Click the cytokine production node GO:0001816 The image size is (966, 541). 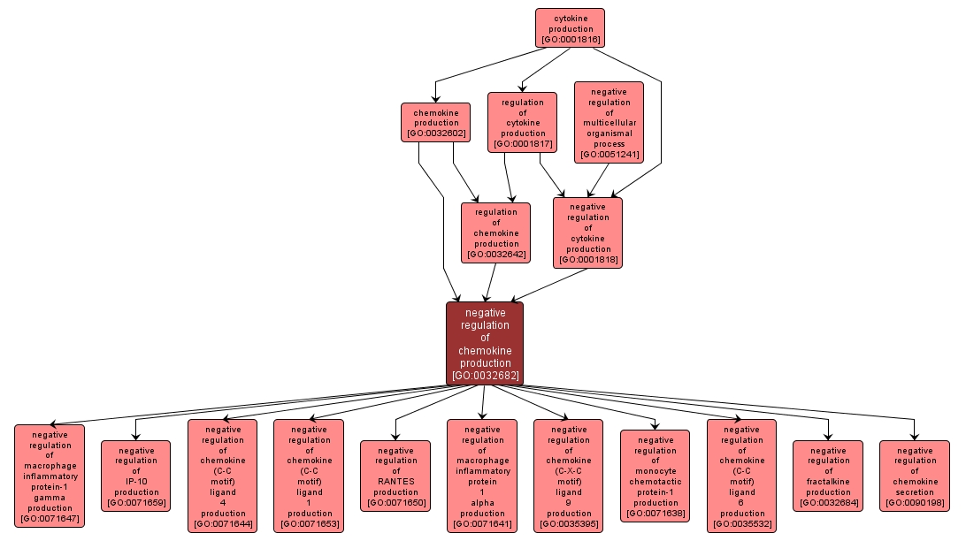569,28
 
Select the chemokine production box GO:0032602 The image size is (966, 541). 435,123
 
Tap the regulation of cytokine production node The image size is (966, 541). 522,123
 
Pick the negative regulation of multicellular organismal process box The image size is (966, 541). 609,123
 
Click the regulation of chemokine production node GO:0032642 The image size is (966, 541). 495,232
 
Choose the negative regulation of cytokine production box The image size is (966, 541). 587,232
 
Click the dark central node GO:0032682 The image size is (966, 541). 485,344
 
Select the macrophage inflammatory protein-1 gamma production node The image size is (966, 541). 50,476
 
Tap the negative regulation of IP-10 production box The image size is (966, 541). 136,476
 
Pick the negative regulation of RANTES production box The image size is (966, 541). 395,476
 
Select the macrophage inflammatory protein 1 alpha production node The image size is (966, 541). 482,476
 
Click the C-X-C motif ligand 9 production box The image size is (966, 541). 569,476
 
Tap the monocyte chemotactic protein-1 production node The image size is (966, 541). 655,476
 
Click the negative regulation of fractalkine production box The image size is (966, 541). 828,476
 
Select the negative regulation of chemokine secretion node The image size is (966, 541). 915,476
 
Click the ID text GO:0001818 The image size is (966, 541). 587,260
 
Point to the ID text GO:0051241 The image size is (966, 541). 609,155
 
